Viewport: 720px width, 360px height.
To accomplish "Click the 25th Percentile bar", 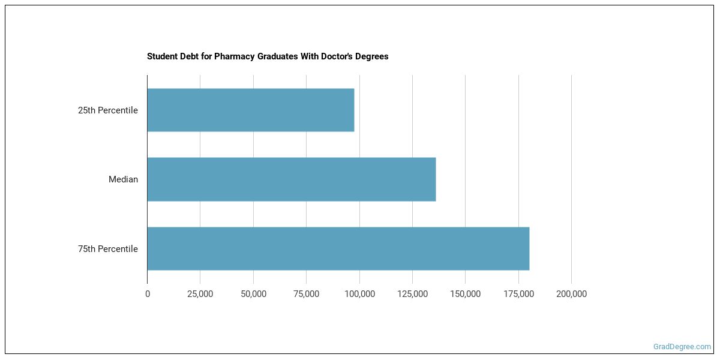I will (x=251, y=110).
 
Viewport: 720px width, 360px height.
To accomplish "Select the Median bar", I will (x=292, y=179).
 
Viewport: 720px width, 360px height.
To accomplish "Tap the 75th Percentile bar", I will (x=338, y=248).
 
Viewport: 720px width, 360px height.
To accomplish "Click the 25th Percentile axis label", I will (x=108, y=110).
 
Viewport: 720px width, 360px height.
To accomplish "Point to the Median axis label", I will (x=123, y=179).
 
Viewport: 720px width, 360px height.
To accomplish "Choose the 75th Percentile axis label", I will (x=108, y=249).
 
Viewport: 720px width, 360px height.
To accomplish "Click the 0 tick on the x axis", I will (x=148, y=294).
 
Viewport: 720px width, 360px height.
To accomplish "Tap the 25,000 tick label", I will (x=200, y=294).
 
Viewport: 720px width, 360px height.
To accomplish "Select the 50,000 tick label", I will (x=253, y=294).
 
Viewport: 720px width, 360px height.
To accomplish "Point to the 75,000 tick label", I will (x=306, y=294).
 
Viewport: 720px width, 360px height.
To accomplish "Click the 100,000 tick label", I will (x=359, y=294).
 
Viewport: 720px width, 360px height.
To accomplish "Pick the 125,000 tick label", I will (x=412, y=294).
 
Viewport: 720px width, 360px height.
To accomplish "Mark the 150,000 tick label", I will (x=465, y=294).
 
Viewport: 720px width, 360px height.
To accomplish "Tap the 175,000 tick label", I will (x=518, y=294).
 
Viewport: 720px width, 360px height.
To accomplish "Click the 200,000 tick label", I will (x=571, y=294).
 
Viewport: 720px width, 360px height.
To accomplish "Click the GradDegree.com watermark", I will (x=682, y=346).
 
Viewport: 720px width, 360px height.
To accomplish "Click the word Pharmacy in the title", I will (x=232, y=56).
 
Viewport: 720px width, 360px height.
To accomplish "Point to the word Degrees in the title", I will (x=372, y=56).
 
